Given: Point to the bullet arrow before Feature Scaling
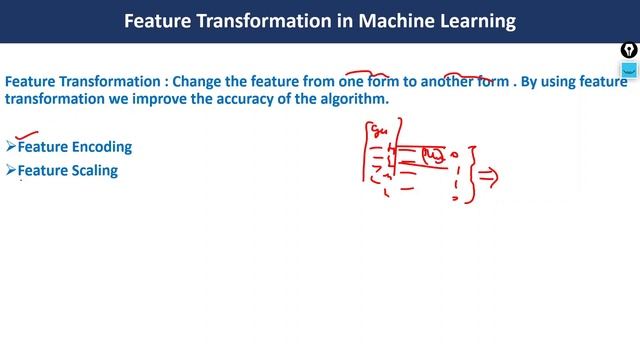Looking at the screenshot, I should coord(11,171).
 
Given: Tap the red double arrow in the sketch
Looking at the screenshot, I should coord(489,176).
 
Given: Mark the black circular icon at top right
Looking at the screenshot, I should coord(629,49).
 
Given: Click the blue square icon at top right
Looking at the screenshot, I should coord(629,71).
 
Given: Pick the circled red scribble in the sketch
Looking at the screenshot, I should coord(432,154).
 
